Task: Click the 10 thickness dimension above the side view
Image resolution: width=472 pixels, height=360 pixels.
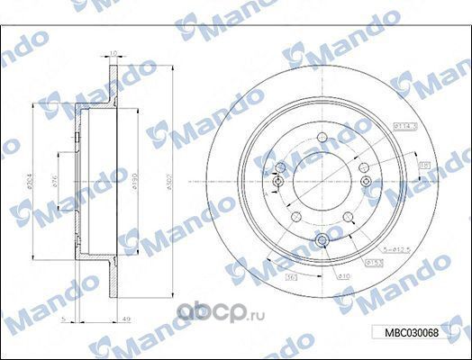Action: point(113,53)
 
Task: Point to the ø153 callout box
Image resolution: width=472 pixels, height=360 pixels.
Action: point(372,262)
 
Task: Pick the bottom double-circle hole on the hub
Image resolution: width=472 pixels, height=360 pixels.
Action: point(322,239)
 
